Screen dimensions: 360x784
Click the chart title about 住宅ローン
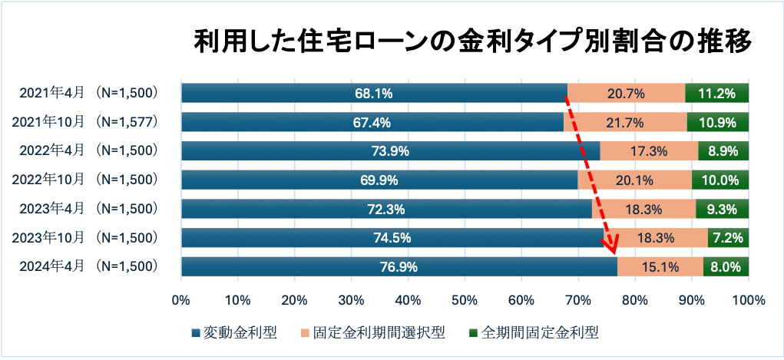(x=471, y=41)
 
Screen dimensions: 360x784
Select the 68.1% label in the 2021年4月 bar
(x=374, y=94)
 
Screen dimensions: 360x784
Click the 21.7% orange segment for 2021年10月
(x=625, y=123)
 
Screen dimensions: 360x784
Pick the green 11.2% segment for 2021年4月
(x=716, y=94)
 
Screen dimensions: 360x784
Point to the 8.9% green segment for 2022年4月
(x=723, y=151)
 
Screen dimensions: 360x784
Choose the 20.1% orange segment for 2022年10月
(x=634, y=180)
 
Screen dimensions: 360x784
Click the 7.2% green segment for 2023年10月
(x=728, y=238)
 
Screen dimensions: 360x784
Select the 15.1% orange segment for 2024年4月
(x=660, y=267)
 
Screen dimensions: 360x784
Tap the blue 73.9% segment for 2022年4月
(x=390, y=151)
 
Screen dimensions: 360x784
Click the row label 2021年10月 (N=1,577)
(x=90, y=123)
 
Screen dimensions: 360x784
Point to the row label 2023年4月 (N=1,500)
(x=90, y=209)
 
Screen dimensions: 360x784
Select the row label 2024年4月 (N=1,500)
(x=90, y=267)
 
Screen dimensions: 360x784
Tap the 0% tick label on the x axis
(x=181, y=299)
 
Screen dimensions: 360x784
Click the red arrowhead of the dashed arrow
(x=612, y=247)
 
